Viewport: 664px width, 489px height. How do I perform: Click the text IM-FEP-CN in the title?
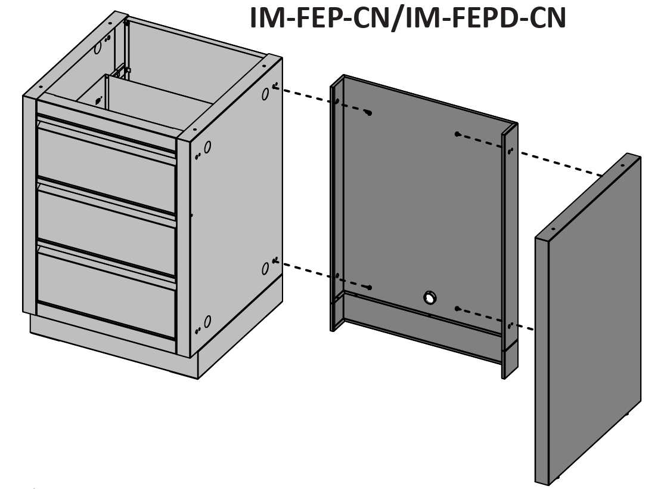319,18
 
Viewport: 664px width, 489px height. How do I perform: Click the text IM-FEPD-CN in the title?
485,18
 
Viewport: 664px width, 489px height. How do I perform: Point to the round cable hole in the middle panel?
429,297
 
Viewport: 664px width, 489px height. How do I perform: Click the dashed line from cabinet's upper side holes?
321,100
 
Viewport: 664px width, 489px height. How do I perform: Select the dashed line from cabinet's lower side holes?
322,275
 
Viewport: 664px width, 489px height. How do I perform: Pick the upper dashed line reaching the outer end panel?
530,155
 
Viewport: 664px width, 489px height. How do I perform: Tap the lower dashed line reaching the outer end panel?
495,318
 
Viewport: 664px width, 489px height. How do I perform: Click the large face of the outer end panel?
594,318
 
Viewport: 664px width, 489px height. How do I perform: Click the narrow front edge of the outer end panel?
542,361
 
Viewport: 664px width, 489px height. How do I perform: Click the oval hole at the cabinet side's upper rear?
265,94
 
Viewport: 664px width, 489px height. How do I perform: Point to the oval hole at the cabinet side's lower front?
207,321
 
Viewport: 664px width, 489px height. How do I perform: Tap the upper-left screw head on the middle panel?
369,113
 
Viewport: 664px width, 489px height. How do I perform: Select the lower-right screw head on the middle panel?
457,308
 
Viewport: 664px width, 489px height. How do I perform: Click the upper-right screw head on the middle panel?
457,134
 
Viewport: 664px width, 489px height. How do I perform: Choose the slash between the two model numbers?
397,19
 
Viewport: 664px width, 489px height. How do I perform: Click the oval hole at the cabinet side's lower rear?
265,269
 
